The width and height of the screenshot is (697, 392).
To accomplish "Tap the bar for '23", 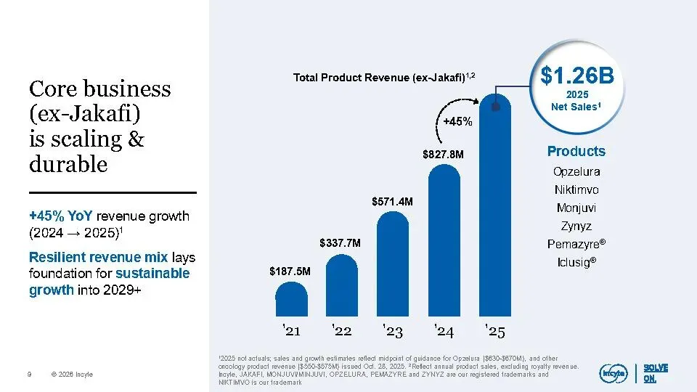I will point(394,265).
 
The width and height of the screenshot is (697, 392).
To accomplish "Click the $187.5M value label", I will point(290,271).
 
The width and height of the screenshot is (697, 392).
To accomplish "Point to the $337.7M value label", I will point(341,242).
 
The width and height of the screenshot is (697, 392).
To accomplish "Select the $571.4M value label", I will point(393,200).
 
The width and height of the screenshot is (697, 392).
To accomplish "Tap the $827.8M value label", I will point(443,154).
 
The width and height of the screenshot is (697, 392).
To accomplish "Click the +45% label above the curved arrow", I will point(458,121).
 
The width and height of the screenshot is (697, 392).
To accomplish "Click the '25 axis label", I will point(496,332).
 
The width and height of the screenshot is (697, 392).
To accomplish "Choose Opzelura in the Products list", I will point(576,172).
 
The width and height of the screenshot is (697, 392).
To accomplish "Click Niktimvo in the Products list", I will point(576,190).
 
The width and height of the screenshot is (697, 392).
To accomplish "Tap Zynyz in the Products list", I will point(576,225).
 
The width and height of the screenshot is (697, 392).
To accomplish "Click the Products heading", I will point(576,151).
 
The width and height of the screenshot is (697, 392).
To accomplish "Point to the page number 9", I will point(28,375).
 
